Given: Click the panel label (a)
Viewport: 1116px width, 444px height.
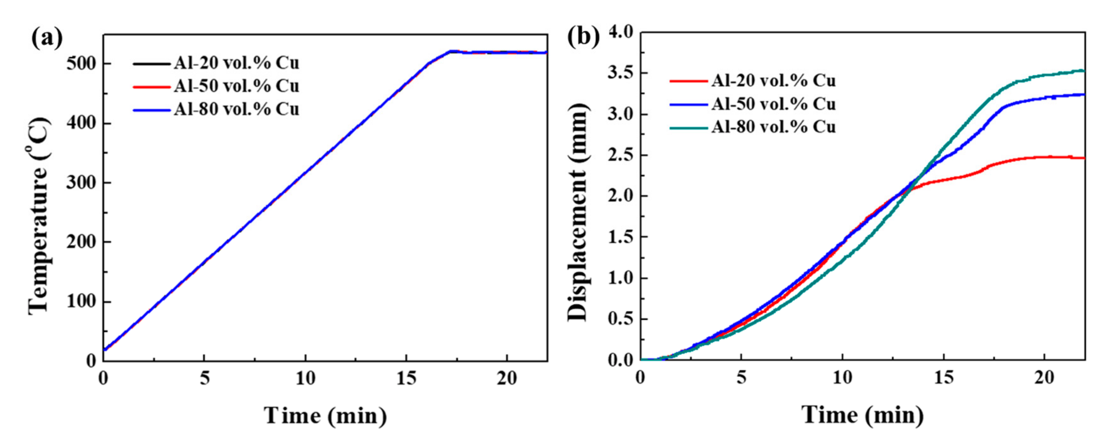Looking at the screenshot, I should tap(47, 39).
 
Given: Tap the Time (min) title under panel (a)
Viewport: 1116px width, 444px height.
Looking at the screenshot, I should tap(325, 415).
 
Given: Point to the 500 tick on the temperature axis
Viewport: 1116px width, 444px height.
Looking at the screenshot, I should tap(81, 64).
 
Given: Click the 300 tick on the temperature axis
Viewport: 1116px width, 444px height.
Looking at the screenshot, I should tap(81, 183).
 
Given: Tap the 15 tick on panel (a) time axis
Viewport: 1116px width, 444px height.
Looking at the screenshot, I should tap(406, 379).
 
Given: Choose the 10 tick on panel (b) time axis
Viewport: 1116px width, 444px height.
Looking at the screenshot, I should tap(843, 379).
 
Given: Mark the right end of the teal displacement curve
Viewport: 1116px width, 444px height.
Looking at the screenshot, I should tap(1084, 71).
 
